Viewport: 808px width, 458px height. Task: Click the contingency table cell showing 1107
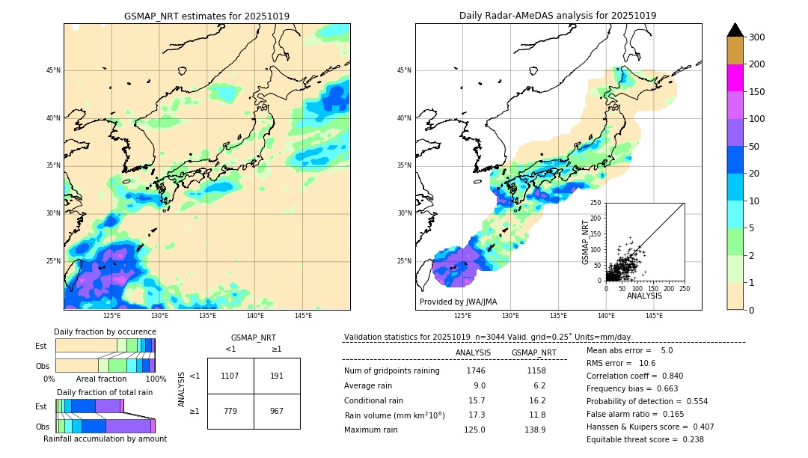click(x=230, y=376)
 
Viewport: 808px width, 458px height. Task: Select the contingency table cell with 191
click(x=277, y=376)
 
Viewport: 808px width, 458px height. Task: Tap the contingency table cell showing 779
click(x=230, y=411)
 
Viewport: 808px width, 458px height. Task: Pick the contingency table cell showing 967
click(x=277, y=411)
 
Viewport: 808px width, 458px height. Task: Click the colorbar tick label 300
click(x=757, y=37)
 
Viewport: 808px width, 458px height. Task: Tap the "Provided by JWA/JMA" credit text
click(x=458, y=302)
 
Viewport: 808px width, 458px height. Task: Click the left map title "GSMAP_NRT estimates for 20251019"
click(x=206, y=16)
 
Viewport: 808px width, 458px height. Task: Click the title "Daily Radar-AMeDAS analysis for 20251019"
click(x=558, y=16)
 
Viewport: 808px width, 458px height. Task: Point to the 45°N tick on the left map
click(x=52, y=70)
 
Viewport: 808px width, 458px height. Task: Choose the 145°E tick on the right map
click(x=654, y=316)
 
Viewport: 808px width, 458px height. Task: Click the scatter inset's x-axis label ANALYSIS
click(x=644, y=296)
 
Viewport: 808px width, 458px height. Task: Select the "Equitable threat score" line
click(x=645, y=439)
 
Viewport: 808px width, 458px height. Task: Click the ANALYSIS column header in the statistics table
click(x=473, y=352)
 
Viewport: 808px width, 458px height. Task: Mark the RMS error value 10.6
click(x=646, y=363)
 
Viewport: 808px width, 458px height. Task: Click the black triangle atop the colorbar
click(x=735, y=30)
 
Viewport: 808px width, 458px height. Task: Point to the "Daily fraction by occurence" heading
click(x=105, y=332)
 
